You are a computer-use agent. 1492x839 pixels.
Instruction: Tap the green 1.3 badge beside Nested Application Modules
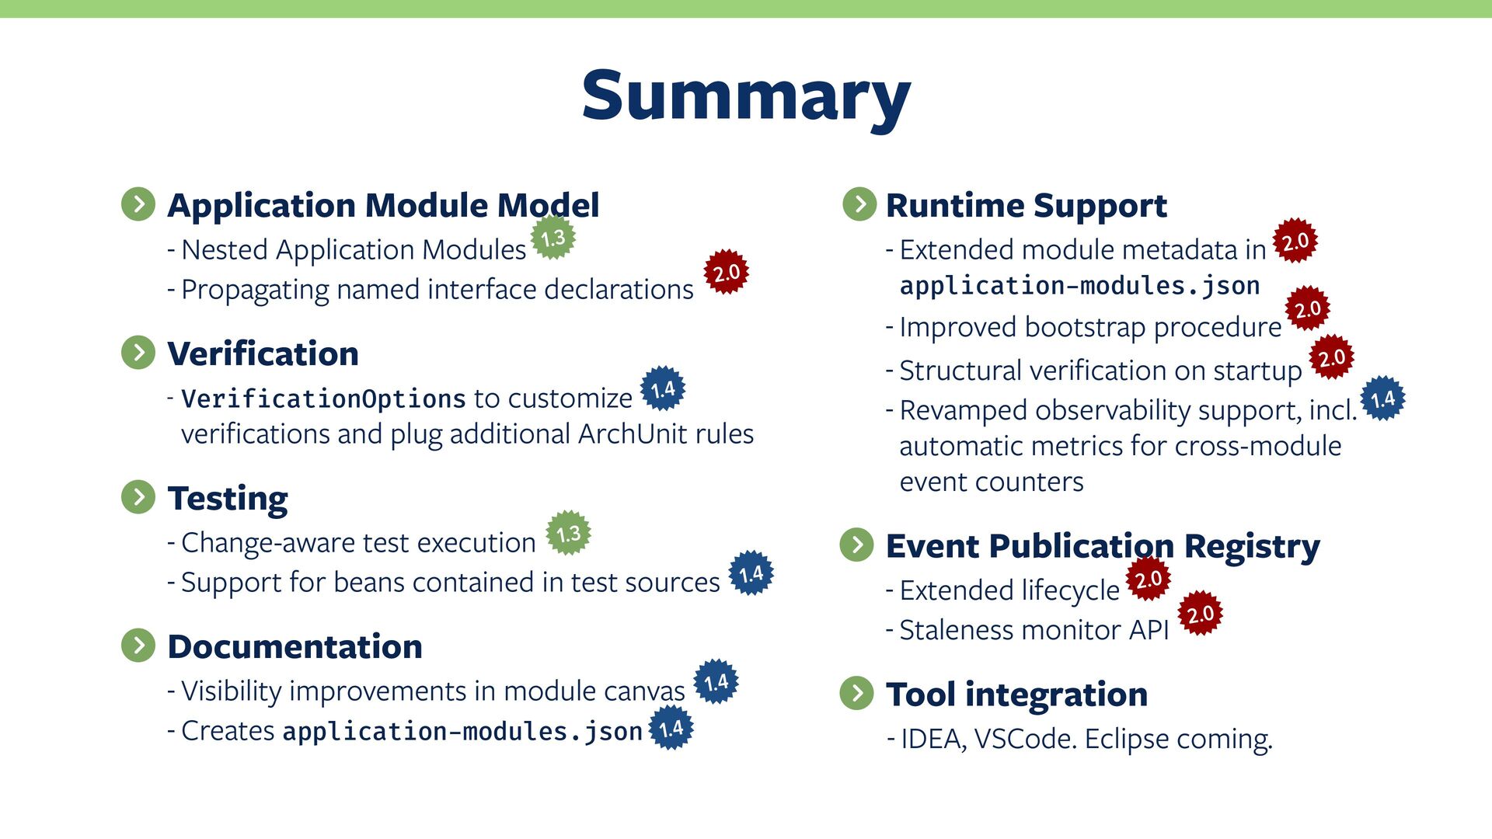pyautogui.click(x=553, y=238)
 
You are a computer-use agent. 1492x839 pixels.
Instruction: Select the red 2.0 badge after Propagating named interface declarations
pyautogui.click(x=726, y=272)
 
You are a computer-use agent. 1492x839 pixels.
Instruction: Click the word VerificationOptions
pyautogui.click(x=323, y=399)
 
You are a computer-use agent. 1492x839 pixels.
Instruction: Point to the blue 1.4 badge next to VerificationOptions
pyautogui.click(x=662, y=388)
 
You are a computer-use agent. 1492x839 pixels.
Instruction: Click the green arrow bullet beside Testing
pyautogui.click(x=138, y=497)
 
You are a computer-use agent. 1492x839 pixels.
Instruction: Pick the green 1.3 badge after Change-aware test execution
pyautogui.click(x=568, y=533)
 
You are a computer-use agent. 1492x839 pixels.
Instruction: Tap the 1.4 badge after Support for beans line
pyautogui.click(x=751, y=573)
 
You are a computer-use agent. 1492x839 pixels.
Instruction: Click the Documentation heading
pyautogui.click(x=295, y=646)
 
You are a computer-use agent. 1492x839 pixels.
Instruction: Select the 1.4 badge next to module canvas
pyautogui.click(x=716, y=682)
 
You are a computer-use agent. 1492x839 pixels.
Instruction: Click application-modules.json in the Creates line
pyautogui.click(x=462, y=732)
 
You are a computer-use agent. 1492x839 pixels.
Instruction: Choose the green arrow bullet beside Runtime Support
pyautogui.click(x=859, y=204)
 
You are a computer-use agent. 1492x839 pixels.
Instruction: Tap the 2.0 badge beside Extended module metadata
pyautogui.click(x=1295, y=241)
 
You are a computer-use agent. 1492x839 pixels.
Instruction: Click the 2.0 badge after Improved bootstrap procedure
pyautogui.click(x=1308, y=308)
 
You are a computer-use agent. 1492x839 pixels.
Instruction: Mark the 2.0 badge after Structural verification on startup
pyautogui.click(x=1332, y=357)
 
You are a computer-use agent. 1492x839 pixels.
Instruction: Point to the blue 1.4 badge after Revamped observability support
pyautogui.click(x=1383, y=399)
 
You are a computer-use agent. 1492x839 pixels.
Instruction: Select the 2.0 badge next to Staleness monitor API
pyautogui.click(x=1201, y=614)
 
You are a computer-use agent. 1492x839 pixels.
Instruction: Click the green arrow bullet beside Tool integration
pyautogui.click(x=857, y=693)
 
